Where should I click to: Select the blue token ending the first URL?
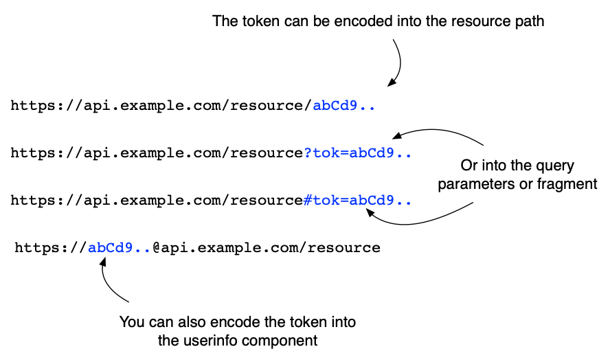[x=344, y=106]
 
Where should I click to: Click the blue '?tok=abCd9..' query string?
[x=358, y=153]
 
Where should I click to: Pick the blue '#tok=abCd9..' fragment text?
[x=358, y=201]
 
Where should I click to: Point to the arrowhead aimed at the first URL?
[x=390, y=83]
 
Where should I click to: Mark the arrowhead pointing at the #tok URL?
[x=370, y=214]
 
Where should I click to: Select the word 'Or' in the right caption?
[x=467, y=166]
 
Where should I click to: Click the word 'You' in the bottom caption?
[x=131, y=322]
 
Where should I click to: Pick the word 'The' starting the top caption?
[x=224, y=21]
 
